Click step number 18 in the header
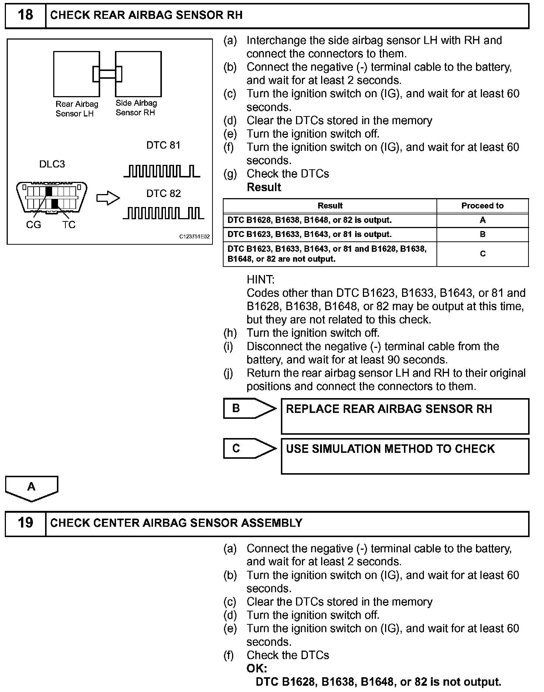(25, 16)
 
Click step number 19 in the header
(25, 523)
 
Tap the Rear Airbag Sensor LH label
(77, 109)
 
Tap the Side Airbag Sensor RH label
(136, 108)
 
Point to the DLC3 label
(52, 164)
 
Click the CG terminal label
(33, 225)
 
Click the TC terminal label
(69, 225)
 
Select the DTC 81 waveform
(162, 172)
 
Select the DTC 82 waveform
(163, 213)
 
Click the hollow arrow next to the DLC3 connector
(108, 198)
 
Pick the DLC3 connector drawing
(52, 197)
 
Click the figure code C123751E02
(194, 237)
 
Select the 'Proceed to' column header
(482, 206)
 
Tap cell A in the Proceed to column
(482, 220)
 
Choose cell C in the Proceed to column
(482, 254)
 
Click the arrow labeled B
(249, 408)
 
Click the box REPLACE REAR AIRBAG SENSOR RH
(405, 416)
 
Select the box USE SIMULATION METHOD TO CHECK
(405, 456)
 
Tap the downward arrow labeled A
(31, 488)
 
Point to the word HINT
(261, 280)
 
